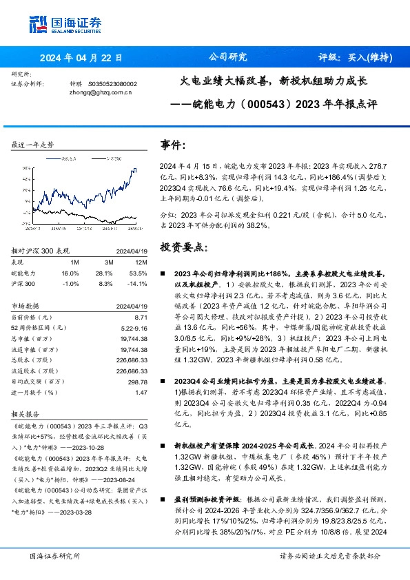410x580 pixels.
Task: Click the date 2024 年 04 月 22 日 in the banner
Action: coord(81,58)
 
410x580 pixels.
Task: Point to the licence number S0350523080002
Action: coord(113,83)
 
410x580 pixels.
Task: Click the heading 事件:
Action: coord(173,145)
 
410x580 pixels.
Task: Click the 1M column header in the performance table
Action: coord(74,262)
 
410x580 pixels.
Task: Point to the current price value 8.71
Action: coord(142,316)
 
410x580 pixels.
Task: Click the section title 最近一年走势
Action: coord(32,145)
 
